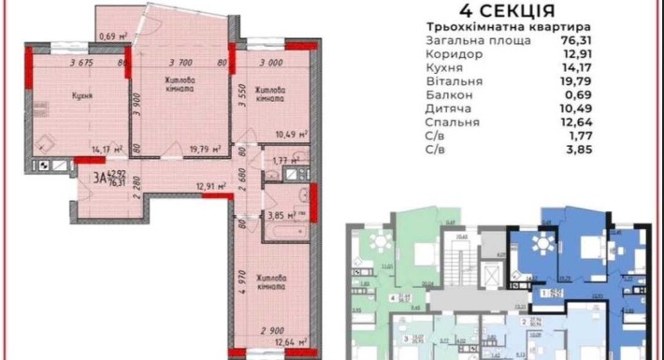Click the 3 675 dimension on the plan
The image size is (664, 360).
click(84, 64)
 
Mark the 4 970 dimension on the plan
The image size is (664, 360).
click(241, 281)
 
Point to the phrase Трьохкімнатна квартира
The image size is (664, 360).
click(495, 27)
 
